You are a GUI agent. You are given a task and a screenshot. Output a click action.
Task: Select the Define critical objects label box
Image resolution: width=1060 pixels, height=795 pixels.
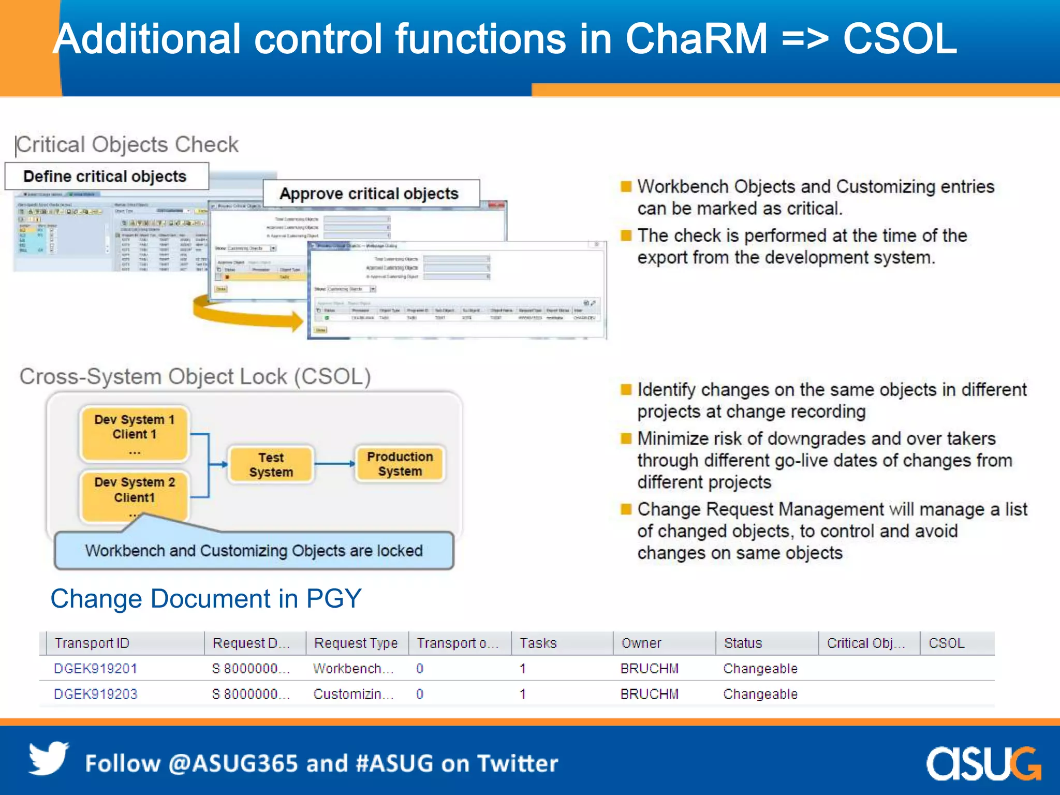point(107,176)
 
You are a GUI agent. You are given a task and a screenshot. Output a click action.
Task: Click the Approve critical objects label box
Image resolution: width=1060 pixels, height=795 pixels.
point(371,194)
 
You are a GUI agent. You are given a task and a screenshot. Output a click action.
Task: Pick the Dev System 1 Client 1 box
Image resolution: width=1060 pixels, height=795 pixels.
point(135,434)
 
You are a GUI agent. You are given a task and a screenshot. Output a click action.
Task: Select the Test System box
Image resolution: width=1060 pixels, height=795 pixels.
point(271,465)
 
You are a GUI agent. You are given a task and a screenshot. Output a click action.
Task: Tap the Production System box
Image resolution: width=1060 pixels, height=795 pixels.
point(400,464)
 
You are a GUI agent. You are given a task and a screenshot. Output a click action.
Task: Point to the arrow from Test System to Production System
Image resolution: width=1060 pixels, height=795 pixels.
point(334,464)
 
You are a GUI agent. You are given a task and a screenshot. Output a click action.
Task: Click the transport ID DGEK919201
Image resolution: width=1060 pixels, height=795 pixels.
point(96,668)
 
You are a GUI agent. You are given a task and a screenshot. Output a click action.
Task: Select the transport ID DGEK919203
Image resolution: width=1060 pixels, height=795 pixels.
point(96,694)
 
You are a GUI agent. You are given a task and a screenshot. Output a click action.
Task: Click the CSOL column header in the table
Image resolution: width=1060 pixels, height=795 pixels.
point(946,643)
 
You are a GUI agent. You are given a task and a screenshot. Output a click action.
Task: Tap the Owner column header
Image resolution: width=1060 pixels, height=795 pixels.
point(641,643)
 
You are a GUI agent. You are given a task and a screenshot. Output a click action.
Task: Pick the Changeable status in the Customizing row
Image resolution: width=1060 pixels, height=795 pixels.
point(760,694)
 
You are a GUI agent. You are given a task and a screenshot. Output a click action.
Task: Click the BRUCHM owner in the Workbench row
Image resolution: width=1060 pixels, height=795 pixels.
point(649,668)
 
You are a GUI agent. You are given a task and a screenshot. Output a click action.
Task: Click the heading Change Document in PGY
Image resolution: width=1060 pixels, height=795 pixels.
point(205,599)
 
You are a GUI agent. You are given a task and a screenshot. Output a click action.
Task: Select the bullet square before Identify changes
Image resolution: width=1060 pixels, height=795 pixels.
point(626,389)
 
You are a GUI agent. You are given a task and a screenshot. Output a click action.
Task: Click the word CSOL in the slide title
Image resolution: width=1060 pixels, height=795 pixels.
point(900,39)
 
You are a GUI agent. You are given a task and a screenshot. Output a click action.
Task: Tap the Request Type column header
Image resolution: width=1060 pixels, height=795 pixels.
point(356,643)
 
